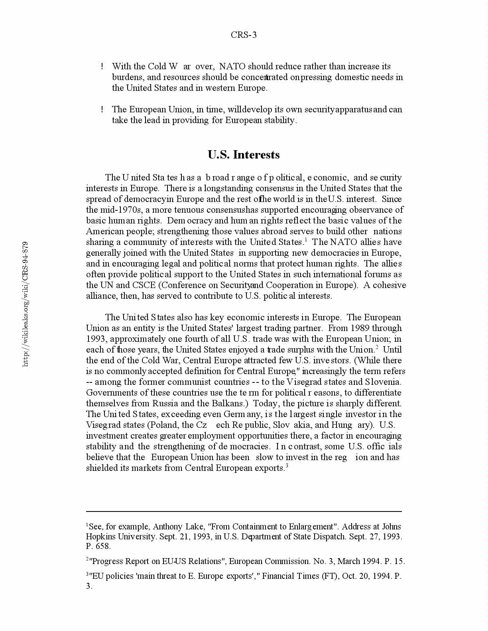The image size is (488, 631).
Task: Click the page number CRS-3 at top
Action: click(x=244, y=35)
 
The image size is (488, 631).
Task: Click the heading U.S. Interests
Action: click(x=244, y=155)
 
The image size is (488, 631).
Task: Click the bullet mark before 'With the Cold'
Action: click(x=102, y=67)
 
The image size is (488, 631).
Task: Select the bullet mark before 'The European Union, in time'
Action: click(x=102, y=110)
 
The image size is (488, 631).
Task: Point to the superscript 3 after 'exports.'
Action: click(x=287, y=465)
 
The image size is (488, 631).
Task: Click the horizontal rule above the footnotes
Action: click(x=244, y=511)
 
